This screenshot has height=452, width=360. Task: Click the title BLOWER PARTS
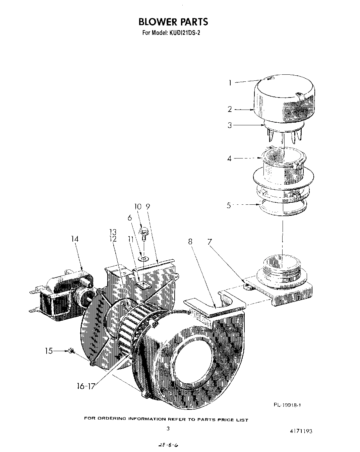(x=173, y=22)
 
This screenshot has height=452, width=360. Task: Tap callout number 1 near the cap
(x=230, y=82)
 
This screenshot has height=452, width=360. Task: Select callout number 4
(x=229, y=158)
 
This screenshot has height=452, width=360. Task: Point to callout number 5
(x=229, y=205)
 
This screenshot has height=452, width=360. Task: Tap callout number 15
(x=49, y=351)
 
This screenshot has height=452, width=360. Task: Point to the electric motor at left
(x=60, y=293)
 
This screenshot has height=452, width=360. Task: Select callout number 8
(x=190, y=241)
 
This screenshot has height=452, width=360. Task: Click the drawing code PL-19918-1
(x=287, y=405)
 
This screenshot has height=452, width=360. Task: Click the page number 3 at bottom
(x=168, y=428)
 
